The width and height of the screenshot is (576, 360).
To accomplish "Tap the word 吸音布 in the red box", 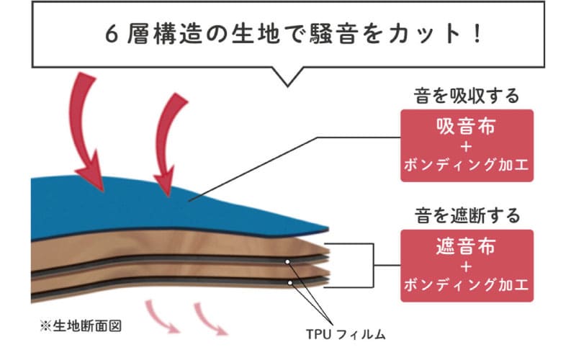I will [x=466, y=127].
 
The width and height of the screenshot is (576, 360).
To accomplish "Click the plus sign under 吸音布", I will [x=466, y=148].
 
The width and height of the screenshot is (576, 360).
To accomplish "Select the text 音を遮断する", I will [x=466, y=215].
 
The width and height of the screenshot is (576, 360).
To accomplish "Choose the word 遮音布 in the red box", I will [x=466, y=247].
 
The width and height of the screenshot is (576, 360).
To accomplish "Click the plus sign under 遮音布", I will [x=466, y=267].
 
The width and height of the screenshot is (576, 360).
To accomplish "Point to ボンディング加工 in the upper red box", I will [x=466, y=168].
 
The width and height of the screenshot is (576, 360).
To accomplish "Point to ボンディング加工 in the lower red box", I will [x=466, y=287].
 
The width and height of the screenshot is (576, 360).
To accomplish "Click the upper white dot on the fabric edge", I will [x=287, y=261].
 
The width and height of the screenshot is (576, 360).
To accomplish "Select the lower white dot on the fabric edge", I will [x=291, y=283].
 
